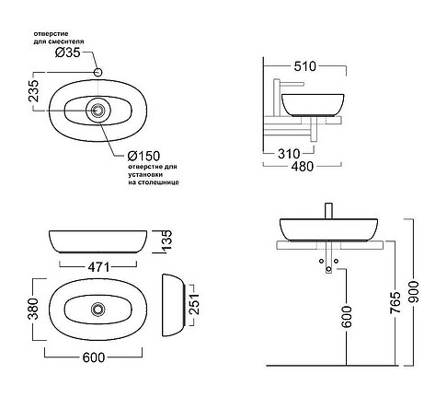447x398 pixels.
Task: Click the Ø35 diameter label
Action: [68, 53]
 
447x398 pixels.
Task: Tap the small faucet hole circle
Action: [97, 72]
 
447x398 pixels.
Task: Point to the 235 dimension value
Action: [34, 91]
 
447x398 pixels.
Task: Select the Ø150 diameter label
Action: [143, 156]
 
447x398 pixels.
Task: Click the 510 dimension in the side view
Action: [304, 66]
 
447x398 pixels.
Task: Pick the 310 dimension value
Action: [289, 154]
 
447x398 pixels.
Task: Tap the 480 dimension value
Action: [303, 166]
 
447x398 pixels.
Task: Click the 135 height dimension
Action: [166, 240]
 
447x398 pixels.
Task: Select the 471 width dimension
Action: [98, 267]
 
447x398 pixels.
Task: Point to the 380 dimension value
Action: [33, 309]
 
